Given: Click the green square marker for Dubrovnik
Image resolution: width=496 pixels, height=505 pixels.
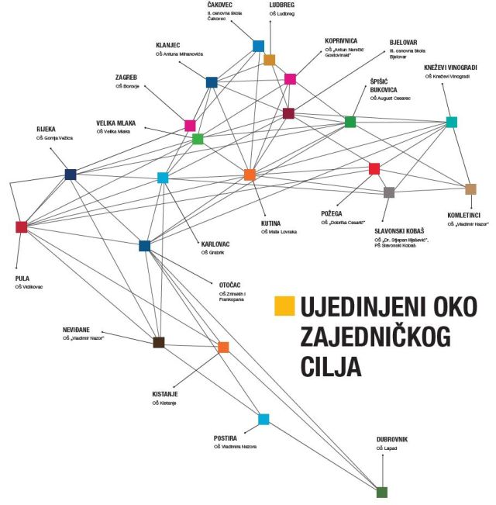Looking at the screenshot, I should pos(381,492).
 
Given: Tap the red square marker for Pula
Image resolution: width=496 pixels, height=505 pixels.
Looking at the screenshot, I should pos(21,227).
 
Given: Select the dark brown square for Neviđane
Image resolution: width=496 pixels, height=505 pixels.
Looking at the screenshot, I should pos(159,342).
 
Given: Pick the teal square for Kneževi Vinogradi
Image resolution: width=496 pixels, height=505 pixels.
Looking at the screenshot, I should pos(452,122).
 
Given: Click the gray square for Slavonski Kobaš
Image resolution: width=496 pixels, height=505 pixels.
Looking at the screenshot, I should pos(389,192).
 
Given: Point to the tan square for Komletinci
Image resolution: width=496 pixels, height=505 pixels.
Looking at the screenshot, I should pos(470,189).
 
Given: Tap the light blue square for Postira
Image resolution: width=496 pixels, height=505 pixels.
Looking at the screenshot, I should pos(263,420).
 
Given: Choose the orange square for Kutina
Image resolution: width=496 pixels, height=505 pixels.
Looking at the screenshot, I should pos(250,175).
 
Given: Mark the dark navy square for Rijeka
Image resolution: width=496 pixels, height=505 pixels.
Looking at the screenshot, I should pos(71,174).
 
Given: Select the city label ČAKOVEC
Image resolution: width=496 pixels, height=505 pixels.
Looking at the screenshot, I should pos(222,5).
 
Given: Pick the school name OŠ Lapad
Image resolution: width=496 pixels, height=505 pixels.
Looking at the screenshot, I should pos(386,448).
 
